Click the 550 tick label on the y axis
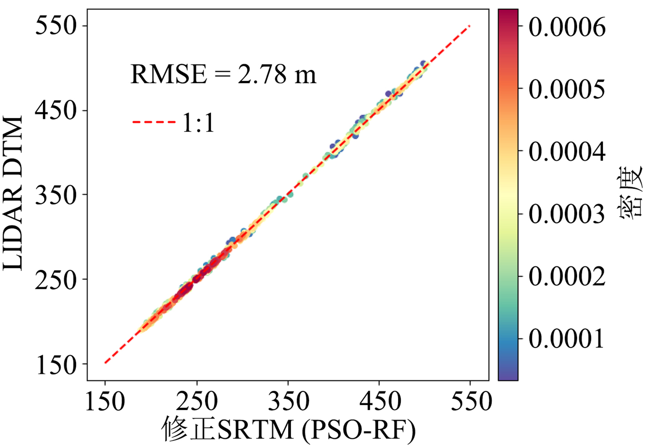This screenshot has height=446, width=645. pos(56,26)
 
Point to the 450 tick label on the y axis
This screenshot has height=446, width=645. pos(56,110)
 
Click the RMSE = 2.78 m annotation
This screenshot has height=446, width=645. pos(223,75)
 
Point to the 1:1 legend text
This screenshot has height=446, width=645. pos(198,122)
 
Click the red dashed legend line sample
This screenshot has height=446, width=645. pos(154,122)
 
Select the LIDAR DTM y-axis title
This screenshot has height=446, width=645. pos(12,193)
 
